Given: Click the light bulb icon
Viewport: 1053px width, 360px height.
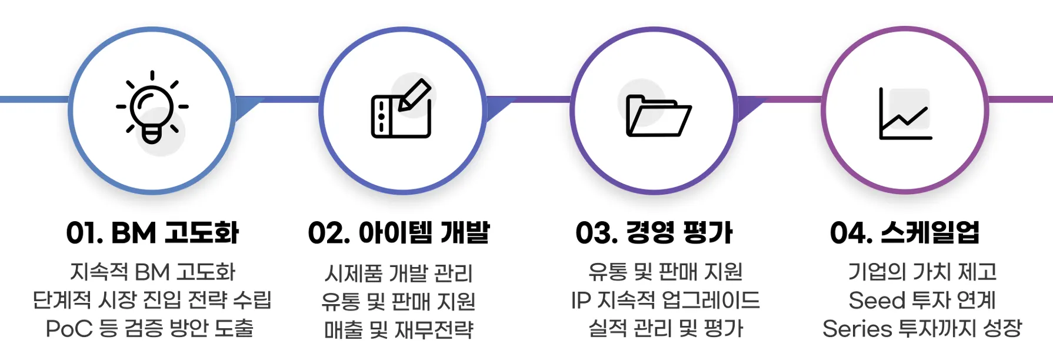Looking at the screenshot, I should click(152, 108).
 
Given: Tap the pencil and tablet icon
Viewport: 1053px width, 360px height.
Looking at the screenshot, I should click(402, 109).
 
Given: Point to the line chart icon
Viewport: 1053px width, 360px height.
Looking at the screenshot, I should click(905, 115).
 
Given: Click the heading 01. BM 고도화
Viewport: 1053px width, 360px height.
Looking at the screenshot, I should click(152, 233).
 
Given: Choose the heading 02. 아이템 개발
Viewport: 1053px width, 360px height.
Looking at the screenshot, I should click(399, 233).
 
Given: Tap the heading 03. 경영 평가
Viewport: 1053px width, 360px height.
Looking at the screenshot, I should click(654, 233).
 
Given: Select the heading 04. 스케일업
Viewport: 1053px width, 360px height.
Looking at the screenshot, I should click(905, 233).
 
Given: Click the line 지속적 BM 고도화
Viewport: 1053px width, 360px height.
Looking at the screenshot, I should click(152, 272).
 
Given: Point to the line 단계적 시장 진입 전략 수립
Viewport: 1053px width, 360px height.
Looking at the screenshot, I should click(152, 300).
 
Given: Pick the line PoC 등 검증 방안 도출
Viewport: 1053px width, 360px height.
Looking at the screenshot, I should click(149, 328).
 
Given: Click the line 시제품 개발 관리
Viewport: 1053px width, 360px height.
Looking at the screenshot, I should click(399, 274).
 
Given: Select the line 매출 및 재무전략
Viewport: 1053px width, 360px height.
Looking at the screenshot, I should click(399, 330).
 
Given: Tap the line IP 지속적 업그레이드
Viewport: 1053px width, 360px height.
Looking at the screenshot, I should click(665, 300).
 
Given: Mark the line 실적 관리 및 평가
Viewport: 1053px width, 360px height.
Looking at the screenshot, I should click(666, 328).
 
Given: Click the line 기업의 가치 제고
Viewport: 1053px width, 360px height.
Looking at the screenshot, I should click(922, 272).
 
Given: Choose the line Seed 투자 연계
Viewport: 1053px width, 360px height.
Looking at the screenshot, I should click(922, 300).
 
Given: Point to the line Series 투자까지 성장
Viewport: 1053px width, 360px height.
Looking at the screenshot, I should click(922, 328).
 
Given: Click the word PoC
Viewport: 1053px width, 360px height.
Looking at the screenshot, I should click(69, 328).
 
